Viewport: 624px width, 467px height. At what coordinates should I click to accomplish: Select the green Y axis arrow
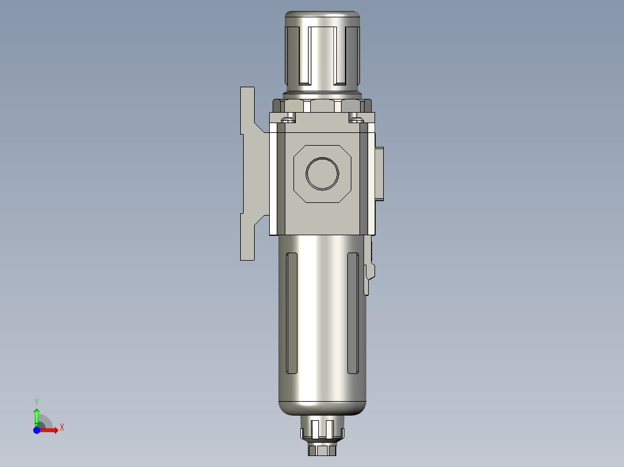[x=36, y=417]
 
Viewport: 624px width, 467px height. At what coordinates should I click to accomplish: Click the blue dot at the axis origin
[x=36, y=430]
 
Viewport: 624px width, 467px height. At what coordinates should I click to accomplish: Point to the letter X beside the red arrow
[x=62, y=428]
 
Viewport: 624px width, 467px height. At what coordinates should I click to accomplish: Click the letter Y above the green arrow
[x=36, y=402]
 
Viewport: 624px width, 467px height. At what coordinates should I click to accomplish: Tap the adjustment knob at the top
[x=322, y=51]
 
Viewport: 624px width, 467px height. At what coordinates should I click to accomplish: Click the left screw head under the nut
[x=288, y=118]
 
